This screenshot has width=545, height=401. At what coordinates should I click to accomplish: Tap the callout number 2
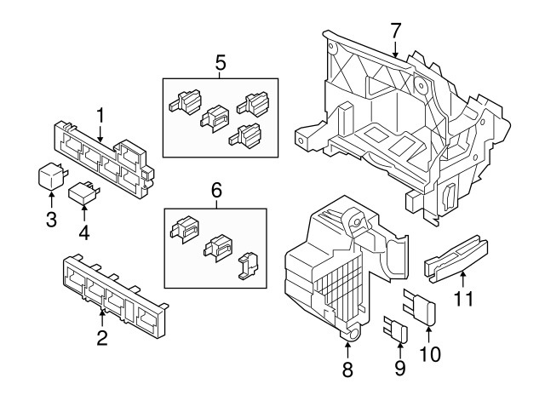[x=102, y=337]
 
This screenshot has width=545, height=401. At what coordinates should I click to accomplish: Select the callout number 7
[x=395, y=31]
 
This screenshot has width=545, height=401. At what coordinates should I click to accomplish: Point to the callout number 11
[x=464, y=298]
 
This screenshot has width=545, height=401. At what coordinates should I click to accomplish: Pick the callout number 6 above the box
[x=216, y=190]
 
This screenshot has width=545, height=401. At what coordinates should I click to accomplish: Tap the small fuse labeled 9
[x=396, y=329]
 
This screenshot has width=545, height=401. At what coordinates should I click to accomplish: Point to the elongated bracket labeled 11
[x=456, y=259]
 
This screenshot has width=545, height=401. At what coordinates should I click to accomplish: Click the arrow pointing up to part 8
[x=348, y=350]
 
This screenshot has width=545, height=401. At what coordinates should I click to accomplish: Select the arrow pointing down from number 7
[x=395, y=49]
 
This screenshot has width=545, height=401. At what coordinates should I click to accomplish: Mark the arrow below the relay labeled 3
[x=51, y=200]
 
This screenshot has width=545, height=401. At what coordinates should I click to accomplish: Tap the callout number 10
[x=430, y=354]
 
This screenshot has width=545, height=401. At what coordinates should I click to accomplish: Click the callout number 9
[x=400, y=368]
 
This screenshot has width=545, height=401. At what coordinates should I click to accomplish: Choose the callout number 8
[x=347, y=369]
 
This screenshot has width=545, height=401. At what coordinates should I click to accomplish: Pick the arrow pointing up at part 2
[x=102, y=318]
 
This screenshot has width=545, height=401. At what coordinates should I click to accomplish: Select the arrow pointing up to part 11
[x=462, y=280]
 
